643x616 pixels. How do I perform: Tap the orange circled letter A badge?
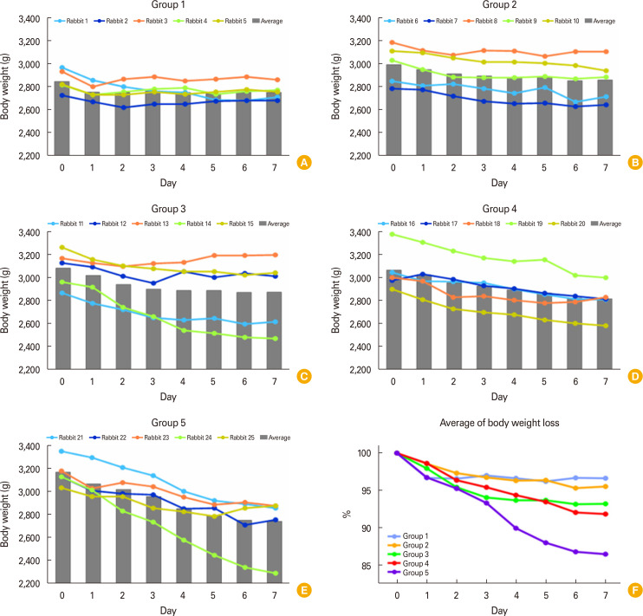(302, 161)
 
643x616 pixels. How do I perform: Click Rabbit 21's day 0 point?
(62, 451)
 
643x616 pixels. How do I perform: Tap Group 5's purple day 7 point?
(605, 578)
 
